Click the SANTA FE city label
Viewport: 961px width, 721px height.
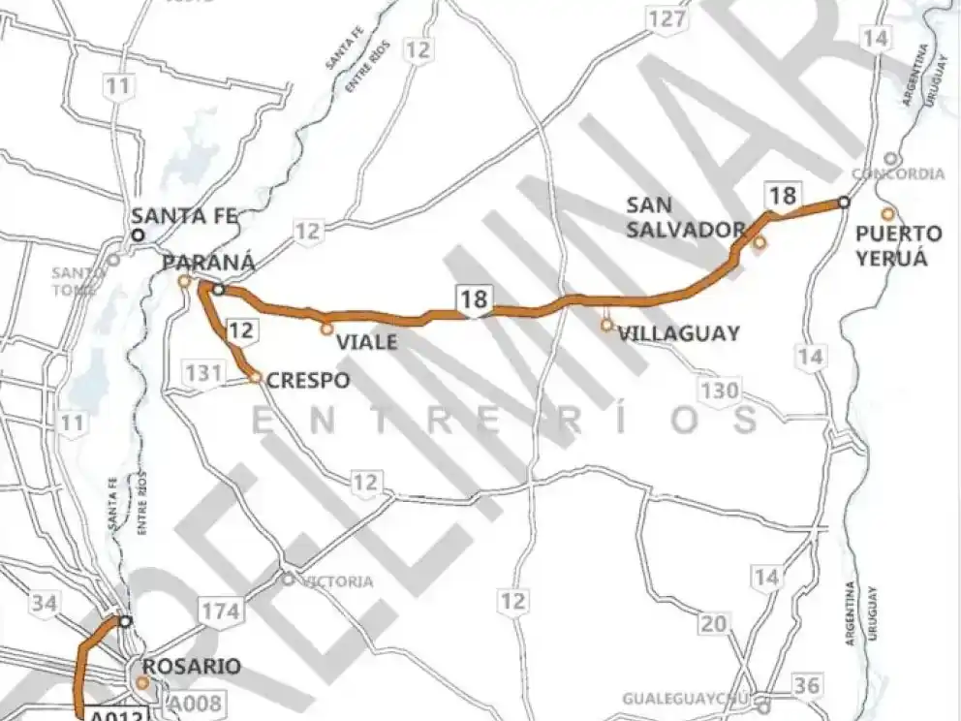(185, 216)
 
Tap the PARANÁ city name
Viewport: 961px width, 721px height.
(208, 263)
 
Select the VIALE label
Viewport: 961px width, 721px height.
(365, 342)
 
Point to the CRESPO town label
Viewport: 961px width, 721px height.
(308, 381)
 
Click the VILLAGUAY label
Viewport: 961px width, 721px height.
(678, 333)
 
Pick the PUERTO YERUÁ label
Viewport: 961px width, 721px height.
(899, 246)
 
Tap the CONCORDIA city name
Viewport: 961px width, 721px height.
(898, 174)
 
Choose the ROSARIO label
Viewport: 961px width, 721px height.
(191, 668)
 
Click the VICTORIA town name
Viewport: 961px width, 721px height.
(337, 582)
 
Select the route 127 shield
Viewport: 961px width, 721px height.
(667, 18)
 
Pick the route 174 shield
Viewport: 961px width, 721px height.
(220, 611)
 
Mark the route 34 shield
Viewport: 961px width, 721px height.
(43, 604)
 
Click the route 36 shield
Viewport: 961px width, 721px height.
(805, 686)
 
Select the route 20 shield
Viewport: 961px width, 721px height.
(714, 624)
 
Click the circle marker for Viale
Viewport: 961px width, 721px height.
(327, 329)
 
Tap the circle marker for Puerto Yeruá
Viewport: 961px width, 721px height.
(886, 214)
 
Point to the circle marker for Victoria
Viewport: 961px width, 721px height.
(288, 579)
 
